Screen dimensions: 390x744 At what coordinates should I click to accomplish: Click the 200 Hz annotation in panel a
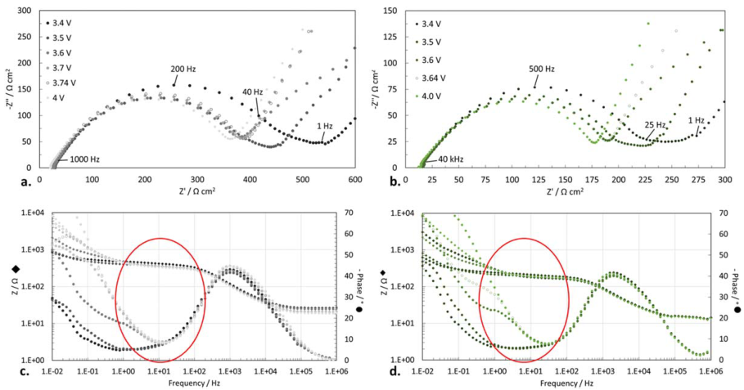[184, 69]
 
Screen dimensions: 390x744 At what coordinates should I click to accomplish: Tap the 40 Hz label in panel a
[253, 91]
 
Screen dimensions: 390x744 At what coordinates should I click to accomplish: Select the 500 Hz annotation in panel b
[541, 69]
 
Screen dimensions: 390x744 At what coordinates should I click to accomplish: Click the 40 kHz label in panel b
[452, 158]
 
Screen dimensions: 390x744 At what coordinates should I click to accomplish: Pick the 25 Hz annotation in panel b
[655, 124]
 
